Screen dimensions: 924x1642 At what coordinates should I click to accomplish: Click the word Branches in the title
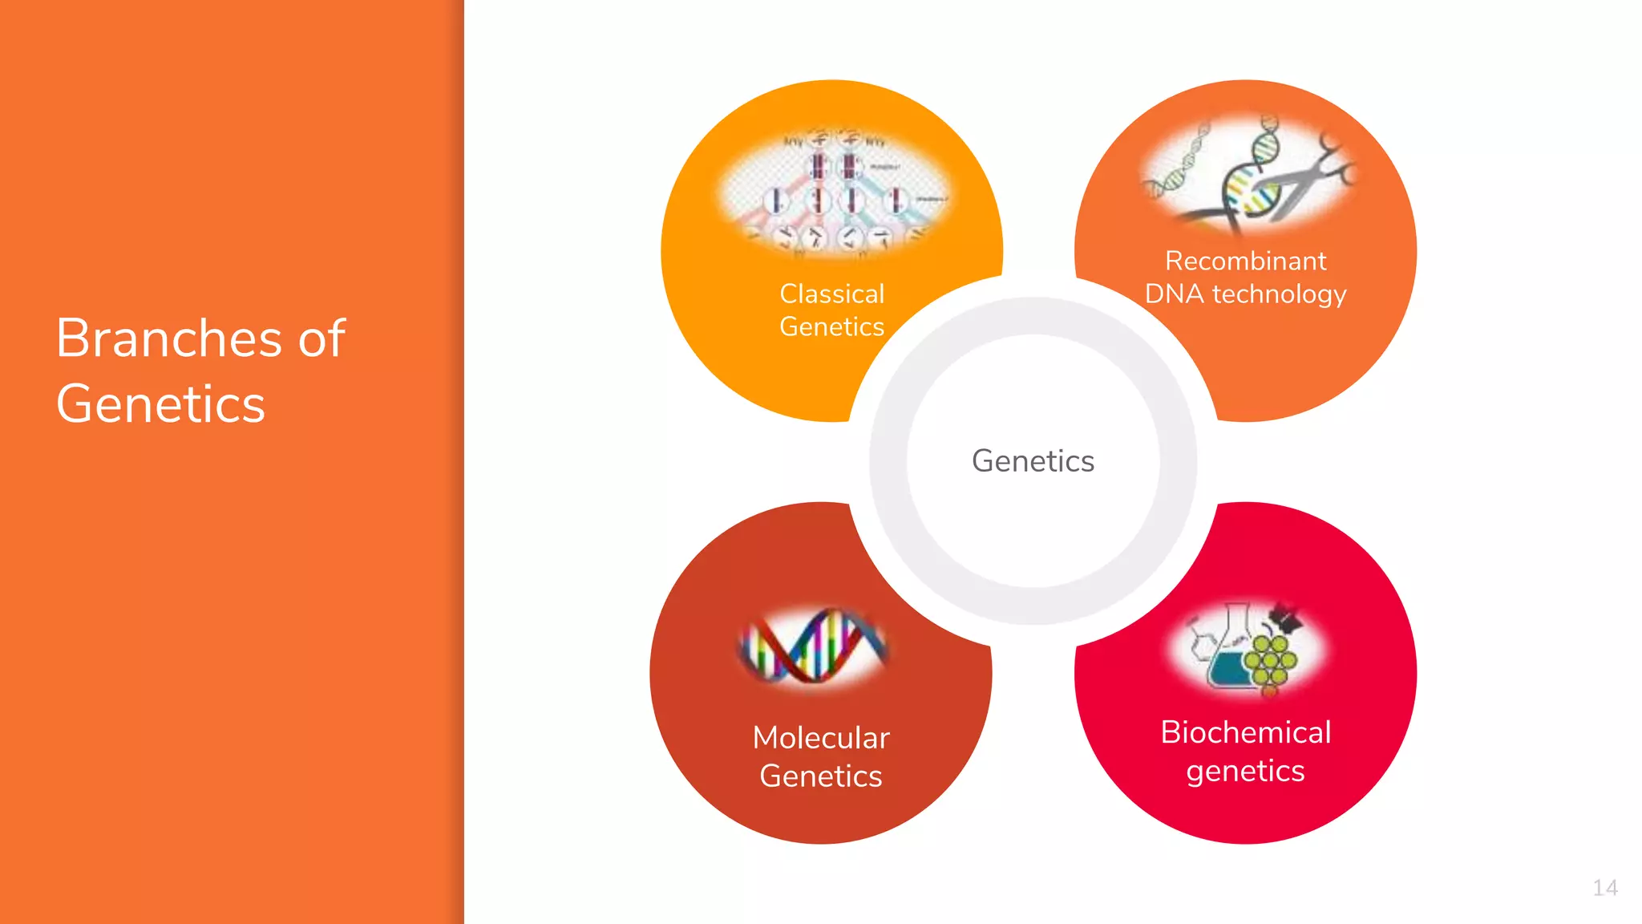tap(168, 338)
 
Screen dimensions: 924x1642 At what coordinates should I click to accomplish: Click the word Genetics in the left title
tap(160, 403)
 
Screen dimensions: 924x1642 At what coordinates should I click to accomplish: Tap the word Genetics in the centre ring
tap(1033, 461)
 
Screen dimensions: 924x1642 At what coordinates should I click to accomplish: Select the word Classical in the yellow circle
tap(831, 294)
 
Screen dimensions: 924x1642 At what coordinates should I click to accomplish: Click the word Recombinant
tap(1245, 261)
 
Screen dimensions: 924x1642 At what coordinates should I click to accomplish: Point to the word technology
tap(1279, 294)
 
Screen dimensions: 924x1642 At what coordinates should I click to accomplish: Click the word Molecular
tap(821, 738)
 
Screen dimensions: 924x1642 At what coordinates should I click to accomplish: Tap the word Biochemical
tap(1245, 732)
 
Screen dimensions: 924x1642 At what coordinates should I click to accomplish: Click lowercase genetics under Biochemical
tap(1245, 771)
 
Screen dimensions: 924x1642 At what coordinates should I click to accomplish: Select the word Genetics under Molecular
tap(821, 776)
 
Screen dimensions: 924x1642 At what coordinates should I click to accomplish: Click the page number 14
tap(1604, 888)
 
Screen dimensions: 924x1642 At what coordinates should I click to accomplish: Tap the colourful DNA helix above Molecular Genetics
tap(813, 646)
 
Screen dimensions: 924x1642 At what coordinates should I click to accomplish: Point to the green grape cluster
tap(1271, 661)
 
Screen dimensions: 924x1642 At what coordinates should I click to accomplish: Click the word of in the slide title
tap(322, 338)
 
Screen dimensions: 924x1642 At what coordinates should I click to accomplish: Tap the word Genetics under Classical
tap(831, 327)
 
